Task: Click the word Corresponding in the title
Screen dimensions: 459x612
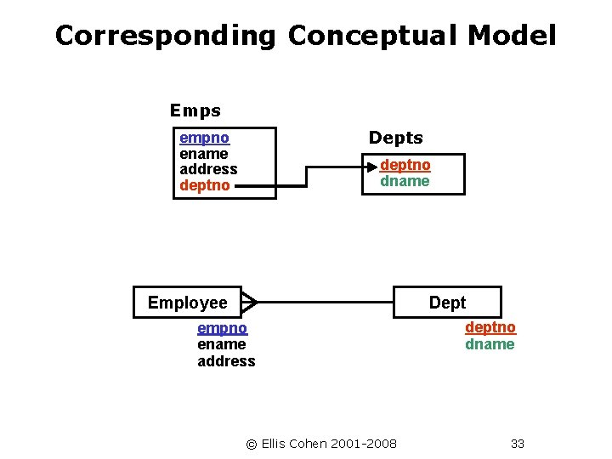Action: (166, 36)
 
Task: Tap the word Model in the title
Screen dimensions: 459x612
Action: (512, 36)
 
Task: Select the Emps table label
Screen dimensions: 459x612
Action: (195, 110)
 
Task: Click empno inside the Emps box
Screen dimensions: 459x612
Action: (204, 137)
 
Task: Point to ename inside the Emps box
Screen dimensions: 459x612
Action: (204, 153)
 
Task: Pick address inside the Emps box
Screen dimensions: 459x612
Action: (208, 168)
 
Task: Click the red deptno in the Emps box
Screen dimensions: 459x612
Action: (205, 184)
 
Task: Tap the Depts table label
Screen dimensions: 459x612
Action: (395, 138)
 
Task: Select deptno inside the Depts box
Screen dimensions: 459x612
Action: (405, 165)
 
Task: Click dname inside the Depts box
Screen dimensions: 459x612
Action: (405, 181)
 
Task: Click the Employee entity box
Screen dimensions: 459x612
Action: (188, 303)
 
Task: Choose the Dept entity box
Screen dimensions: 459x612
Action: (448, 303)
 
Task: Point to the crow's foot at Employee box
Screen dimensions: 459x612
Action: (249, 301)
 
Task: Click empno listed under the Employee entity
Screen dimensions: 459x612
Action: (222, 328)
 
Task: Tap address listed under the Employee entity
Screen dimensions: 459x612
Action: (226, 361)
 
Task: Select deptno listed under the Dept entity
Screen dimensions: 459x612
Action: (490, 327)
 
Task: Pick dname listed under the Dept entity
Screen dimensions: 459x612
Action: (490, 344)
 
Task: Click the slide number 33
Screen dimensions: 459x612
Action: (518, 443)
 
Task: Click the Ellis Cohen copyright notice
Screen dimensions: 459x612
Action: (321, 443)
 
